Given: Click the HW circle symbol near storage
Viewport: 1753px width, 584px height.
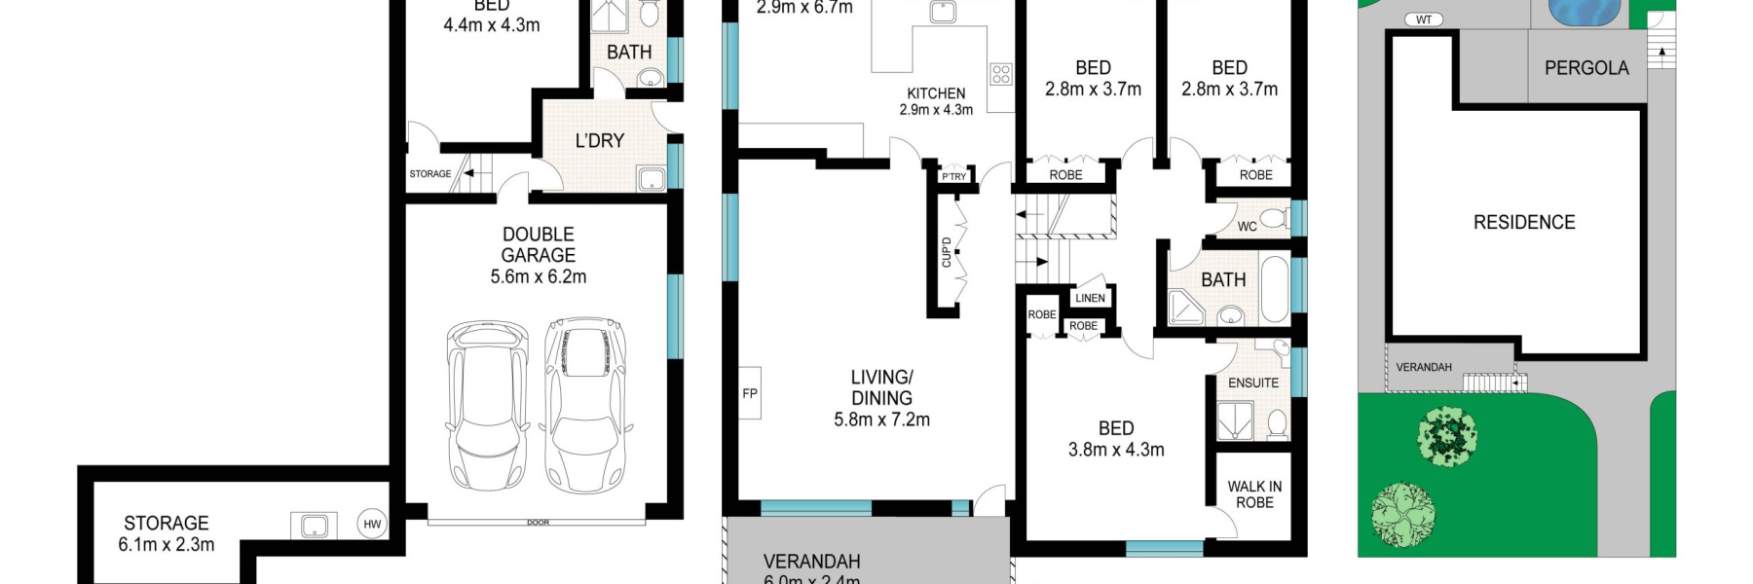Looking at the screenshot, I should pyautogui.click(x=372, y=524).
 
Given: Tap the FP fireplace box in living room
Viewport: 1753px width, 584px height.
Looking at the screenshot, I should pyautogui.click(x=749, y=393).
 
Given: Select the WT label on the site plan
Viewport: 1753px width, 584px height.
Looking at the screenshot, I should pyautogui.click(x=1424, y=19).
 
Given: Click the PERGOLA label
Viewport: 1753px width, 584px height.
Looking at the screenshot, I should pyautogui.click(x=1585, y=67).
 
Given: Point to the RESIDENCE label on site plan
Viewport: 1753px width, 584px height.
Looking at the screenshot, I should pyautogui.click(x=1523, y=222).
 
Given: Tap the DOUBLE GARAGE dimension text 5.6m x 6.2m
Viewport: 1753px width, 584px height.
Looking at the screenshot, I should pyautogui.click(x=538, y=276).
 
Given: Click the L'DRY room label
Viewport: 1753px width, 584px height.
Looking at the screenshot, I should pyautogui.click(x=599, y=140).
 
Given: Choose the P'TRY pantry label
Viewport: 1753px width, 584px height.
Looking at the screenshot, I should pyautogui.click(x=954, y=176).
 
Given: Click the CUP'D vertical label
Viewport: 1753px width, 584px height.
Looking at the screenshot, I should pyautogui.click(x=946, y=252).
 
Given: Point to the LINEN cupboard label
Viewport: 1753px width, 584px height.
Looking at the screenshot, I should pyautogui.click(x=1090, y=298).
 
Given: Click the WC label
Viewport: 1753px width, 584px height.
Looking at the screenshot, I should pyautogui.click(x=1247, y=227).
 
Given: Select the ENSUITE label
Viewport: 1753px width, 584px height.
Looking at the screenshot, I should pyautogui.click(x=1252, y=383).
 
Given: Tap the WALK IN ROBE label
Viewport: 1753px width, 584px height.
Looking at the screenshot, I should pyautogui.click(x=1254, y=493).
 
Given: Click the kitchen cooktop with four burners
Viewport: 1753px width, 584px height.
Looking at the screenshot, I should pyautogui.click(x=1000, y=74).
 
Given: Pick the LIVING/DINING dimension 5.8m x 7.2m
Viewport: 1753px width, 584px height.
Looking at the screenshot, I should pyautogui.click(x=881, y=420).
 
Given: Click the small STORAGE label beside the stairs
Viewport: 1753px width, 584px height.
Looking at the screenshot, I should pyautogui.click(x=429, y=174).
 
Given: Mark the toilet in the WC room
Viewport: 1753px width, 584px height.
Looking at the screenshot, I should pyautogui.click(x=1272, y=216).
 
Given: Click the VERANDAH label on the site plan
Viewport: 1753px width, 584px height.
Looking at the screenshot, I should pyautogui.click(x=1423, y=367).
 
